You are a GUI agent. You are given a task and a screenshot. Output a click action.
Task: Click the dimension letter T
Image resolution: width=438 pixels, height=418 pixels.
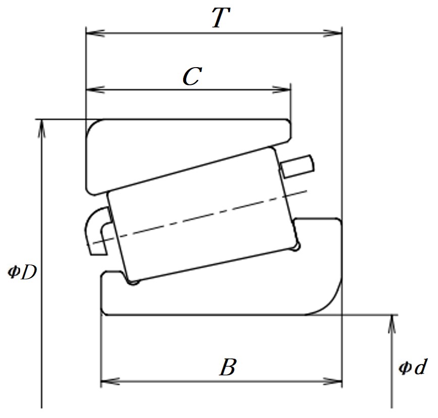pyautogui.click(x=221, y=18)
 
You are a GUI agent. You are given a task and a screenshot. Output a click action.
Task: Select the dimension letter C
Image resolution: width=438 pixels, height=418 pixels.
pyautogui.click(x=192, y=76)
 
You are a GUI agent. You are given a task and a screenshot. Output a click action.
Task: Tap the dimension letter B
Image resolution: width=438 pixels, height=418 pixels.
pyautogui.click(x=228, y=367)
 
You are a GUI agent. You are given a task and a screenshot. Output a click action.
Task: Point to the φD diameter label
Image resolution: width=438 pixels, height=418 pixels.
pyautogui.click(x=22, y=273)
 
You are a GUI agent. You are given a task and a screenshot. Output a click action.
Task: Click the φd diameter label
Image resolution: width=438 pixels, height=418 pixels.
pyautogui.click(x=412, y=367)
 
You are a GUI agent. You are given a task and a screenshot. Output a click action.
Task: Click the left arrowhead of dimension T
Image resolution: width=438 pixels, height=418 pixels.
pyautogui.click(x=95, y=33)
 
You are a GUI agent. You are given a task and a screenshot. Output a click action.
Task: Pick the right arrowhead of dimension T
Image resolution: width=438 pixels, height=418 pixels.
pyautogui.click(x=333, y=33)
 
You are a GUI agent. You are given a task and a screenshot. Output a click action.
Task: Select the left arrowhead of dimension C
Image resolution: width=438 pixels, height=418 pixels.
pyautogui.click(x=95, y=90)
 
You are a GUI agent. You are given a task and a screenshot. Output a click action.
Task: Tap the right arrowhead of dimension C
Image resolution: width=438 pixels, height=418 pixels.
pyautogui.click(x=281, y=90)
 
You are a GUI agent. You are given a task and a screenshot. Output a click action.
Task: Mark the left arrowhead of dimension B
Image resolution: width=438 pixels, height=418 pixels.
pyautogui.click(x=110, y=381)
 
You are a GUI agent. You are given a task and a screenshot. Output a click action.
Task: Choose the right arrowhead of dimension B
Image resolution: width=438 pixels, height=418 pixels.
pyautogui.click(x=333, y=381)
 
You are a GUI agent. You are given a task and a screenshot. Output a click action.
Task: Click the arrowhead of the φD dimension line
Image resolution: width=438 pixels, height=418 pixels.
pyautogui.click(x=41, y=129)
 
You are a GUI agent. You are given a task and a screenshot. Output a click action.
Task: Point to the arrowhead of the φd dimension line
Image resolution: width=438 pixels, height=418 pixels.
pyautogui.click(x=392, y=324)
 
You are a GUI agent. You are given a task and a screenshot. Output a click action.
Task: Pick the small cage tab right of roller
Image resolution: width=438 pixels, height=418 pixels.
pyautogui.click(x=297, y=167)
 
